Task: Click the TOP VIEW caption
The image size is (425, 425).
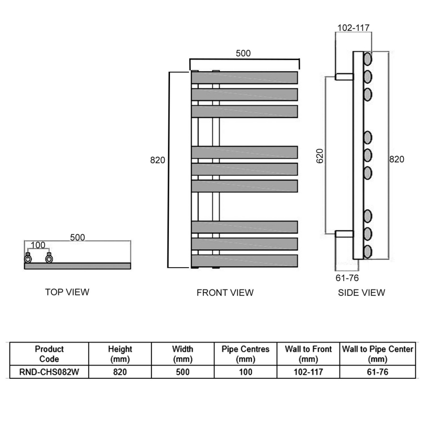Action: click(x=67, y=292)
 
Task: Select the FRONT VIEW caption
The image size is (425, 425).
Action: click(x=225, y=293)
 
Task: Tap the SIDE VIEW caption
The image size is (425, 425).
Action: click(x=361, y=293)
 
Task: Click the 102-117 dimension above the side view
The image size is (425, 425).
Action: click(x=353, y=28)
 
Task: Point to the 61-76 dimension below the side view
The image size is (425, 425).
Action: click(x=347, y=278)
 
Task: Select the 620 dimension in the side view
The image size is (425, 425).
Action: click(x=320, y=156)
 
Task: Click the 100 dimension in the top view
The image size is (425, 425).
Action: click(x=38, y=245)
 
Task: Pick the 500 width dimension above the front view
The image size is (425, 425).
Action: click(x=243, y=53)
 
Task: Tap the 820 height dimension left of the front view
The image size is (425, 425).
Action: click(x=157, y=160)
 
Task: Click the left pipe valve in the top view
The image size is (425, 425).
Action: click(x=28, y=258)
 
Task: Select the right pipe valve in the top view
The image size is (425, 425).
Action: click(x=49, y=258)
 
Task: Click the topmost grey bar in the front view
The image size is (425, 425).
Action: click(x=244, y=78)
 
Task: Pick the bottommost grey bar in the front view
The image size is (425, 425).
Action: click(x=244, y=261)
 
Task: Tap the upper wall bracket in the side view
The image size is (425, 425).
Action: click(x=344, y=76)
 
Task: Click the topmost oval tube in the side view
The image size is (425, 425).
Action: click(x=368, y=59)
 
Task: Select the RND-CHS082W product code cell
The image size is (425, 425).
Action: click(x=49, y=372)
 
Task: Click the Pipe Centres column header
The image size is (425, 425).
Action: click(x=245, y=354)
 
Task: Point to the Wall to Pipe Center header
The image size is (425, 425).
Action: click(x=378, y=354)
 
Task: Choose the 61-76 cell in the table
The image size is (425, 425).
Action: click(x=378, y=372)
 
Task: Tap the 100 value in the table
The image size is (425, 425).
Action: click(x=245, y=372)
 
